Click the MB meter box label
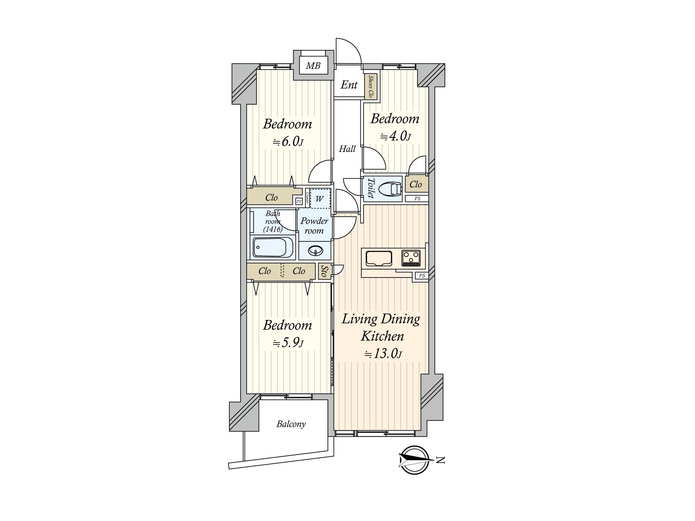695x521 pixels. tap(313, 66)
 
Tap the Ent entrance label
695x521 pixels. tap(349, 85)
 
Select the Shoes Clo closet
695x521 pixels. tap(371, 87)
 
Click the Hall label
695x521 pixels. tap(347, 148)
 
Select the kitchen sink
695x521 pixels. tap(379, 258)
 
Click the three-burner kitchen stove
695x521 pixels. tap(411, 258)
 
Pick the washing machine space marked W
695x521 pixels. tap(320, 199)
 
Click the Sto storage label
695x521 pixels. tap(324, 271)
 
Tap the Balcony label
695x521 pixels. tap(291, 424)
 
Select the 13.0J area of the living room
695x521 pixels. tap(383, 354)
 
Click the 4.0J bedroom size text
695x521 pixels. tap(395, 136)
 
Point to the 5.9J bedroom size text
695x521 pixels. tap(288, 343)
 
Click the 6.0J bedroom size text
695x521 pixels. tap(288, 142)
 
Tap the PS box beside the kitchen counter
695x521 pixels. tap(422, 276)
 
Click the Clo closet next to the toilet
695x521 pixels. tap(417, 185)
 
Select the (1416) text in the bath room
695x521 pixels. tap(273, 229)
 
